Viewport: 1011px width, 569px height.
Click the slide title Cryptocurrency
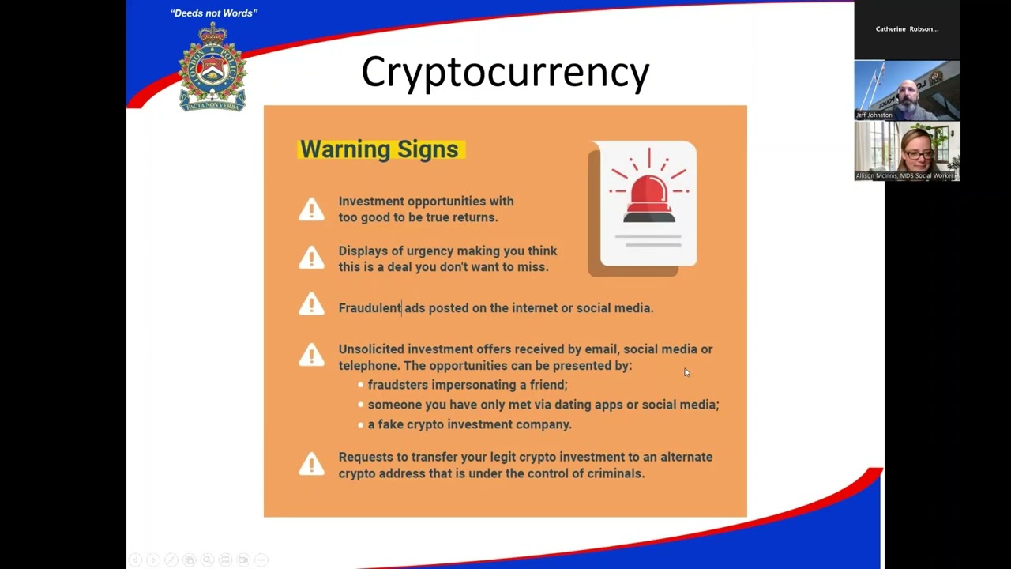pyautogui.click(x=505, y=72)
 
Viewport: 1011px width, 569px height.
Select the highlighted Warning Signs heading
pyautogui.click(x=379, y=149)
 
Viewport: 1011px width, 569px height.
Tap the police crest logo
pyautogui.click(x=212, y=68)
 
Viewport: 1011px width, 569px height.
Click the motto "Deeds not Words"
pyautogui.click(x=214, y=13)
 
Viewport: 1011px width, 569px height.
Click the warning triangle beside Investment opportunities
pyautogui.click(x=311, y=209)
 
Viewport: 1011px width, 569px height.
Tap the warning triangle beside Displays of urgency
pyautogui.click(x=311, y=258)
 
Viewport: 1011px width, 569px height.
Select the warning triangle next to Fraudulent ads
pyautogui.click(x=311, y=305)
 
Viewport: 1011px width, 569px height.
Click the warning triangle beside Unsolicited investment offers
pyautogui.click(x=311, y=356)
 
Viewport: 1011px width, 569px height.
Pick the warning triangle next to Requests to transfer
pyautogui.click(x=311, y=465)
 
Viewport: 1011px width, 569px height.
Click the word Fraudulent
pyautogui.click(x=370, y=308)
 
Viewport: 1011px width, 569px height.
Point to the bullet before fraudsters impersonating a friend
pyautogui.click(x=360, y=385)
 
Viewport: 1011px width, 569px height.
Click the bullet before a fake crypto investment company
pyautogui.click(x=360, y=424)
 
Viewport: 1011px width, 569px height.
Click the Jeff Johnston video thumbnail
pyautogui.click(x=907, y=90)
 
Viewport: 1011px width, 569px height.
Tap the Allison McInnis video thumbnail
pyautogui.click(x=907, y=151)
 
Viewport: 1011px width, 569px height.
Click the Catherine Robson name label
pyautogui.click(x=907, y=29)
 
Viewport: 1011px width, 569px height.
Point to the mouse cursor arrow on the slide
pyautogui.click(x=686, y=372)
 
